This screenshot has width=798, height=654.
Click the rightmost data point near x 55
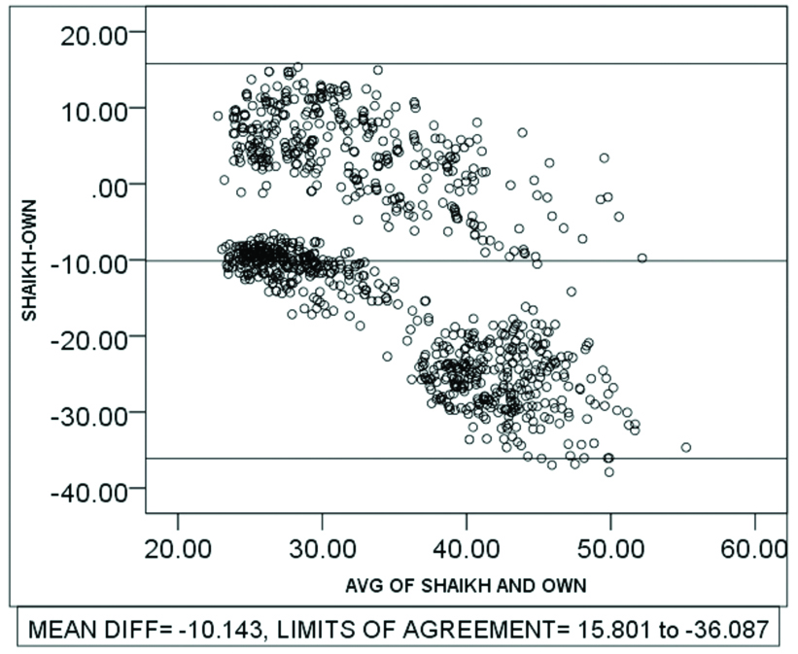[685, 447]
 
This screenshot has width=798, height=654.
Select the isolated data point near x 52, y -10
[642, 258]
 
